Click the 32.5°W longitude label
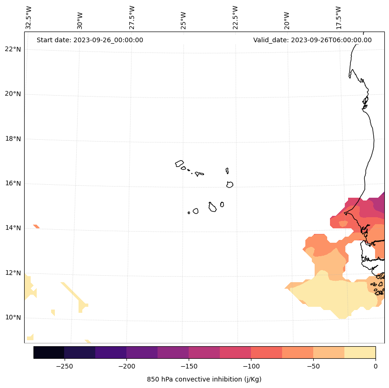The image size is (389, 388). pyautogui.click(x=29, y=18)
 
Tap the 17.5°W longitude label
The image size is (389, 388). pyautogui.click(x=339, y=18)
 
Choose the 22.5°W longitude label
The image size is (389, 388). pyautogui.click(x=235, y=18)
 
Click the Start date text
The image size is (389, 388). pyautogui.click(x=90, y=40)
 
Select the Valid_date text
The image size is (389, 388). pyautogui.click(x=312, y=40)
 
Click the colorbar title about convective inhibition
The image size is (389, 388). pyautogui.click(x=204, y=379)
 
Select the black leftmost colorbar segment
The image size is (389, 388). pyautogui.click(x=49, y=352)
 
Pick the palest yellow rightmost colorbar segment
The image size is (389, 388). pyautogui.click(x=360, y=352)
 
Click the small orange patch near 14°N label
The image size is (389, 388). pyautogui.click(x=36, y=226)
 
